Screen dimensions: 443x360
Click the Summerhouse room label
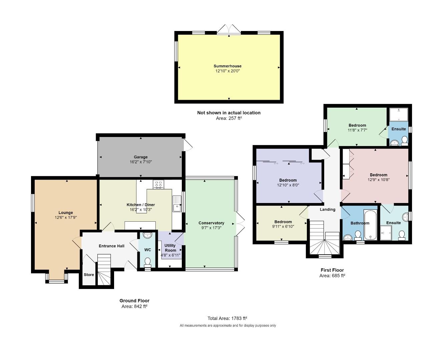(228, 66)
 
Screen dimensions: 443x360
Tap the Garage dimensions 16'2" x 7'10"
(141, 162)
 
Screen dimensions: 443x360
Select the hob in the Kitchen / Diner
(158, 184)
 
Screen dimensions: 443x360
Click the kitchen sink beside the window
(177, 203)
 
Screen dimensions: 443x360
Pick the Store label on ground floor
(89, 275)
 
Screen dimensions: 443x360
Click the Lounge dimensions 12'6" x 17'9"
(66, 217)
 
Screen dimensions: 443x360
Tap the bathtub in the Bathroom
(370, 225)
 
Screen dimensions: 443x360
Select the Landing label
(328, 209)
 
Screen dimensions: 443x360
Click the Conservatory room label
(211, 223)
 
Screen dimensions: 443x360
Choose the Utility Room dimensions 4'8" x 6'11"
(170, 255)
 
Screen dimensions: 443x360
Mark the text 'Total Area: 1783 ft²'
(227, 318)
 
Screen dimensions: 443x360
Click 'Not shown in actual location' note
(229, 113)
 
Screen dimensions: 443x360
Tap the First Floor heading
(332, 270)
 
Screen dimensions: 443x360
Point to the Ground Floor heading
(134, 301)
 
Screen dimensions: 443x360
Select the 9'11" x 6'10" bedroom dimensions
(283, 227)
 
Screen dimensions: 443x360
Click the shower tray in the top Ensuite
(399, 114)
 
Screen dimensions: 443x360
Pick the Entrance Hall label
(111, 246)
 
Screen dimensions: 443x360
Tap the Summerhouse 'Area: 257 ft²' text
(229, 118)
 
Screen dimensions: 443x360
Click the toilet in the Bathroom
(358, 235)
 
